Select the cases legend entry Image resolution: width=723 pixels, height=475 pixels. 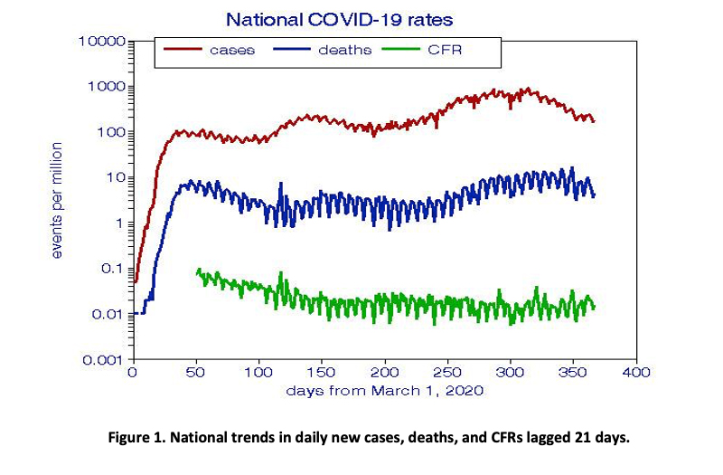coord(231,50)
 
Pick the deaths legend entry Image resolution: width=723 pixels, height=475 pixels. coord(344,50)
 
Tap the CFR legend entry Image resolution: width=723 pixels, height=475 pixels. coord(444,50)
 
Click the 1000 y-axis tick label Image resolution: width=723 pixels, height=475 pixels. coord(108,87)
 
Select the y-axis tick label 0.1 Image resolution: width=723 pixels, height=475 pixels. coord(114,269)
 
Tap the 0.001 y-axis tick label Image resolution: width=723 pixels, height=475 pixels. coord(105,360)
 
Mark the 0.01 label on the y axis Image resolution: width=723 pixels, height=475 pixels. coord(109,314)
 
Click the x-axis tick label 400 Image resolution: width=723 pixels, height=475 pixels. coord(638,373)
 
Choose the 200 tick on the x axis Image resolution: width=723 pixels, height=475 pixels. coord(386,373)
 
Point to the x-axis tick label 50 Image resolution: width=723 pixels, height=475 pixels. coord(196,373)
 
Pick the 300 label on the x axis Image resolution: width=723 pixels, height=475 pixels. coord(512,373)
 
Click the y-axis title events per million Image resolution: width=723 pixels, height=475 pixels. coord(57,200)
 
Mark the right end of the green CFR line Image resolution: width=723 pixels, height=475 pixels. coord(595,307)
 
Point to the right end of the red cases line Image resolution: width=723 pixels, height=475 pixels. coord(595,120)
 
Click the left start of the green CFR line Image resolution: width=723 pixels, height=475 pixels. coord(197,271)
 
